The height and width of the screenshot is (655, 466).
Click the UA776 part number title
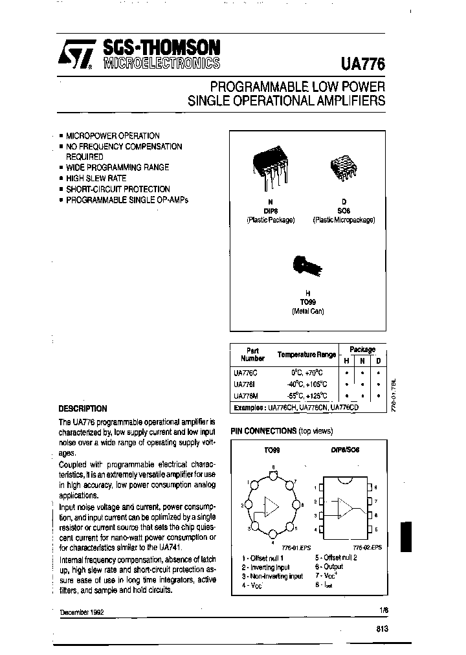(x=362, y=63)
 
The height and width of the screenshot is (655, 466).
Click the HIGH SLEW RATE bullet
(x=96, y=178)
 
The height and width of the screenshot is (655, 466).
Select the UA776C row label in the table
(x=245, y=373)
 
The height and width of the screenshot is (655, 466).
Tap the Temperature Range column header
(x=306, y=355)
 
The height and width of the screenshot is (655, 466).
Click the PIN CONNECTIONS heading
(x=264, y=430)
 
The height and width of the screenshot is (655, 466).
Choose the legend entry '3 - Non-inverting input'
(x=272, y=575)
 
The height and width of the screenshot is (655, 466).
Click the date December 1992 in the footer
(x=82, y=612)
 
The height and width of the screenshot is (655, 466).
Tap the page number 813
(x=381, y=628)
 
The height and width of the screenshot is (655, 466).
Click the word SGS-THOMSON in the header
(x=161, y=48)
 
